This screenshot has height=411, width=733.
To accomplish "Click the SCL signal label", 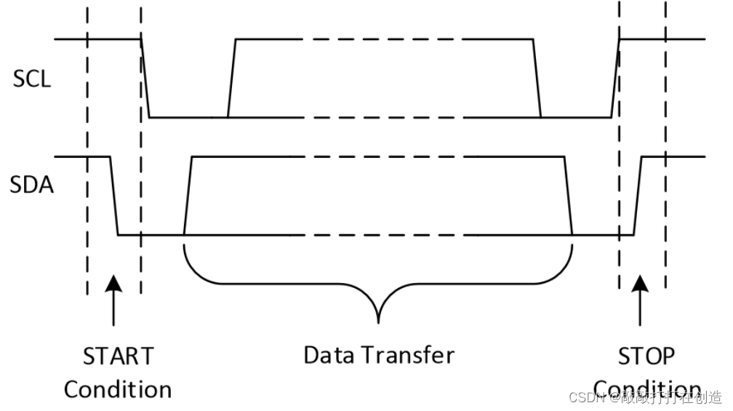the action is pos(32,79).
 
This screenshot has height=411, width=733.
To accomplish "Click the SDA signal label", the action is pos(32,185).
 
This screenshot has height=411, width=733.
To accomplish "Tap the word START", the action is pos(118,356).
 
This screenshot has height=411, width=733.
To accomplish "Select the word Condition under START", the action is pos(118,389).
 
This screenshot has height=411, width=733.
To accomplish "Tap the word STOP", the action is pos(646,356).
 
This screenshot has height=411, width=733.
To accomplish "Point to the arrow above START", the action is pos(113,298).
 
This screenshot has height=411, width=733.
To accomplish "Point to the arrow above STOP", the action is pos(640,298).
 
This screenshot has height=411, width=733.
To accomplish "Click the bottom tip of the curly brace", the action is pos(378,321).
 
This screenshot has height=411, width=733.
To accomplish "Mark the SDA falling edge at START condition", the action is pos(113,196).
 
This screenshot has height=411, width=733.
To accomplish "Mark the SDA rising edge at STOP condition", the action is pos(638,196).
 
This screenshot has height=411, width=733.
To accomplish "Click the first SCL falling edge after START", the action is pos(145,77).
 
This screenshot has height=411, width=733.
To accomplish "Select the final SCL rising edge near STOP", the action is pos(615,77).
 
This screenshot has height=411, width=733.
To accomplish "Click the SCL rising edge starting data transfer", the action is pos(232,77).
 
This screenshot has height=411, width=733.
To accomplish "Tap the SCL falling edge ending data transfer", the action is pos(537,77).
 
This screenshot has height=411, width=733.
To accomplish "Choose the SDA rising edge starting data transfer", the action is pos(188,196).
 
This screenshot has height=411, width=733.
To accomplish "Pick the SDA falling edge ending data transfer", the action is pos(569,196).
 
